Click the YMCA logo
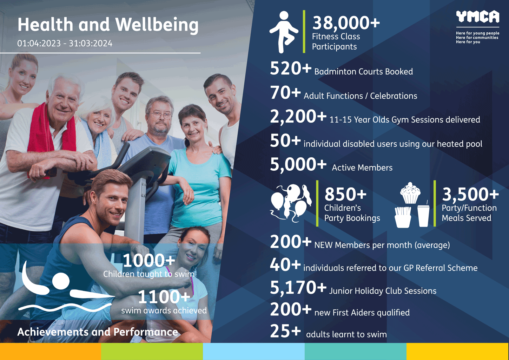(478, 17)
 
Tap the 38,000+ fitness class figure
(346, 23)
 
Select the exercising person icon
(284, 32)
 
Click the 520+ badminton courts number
(291, 68)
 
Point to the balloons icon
(291, 203)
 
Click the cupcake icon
(410, 193)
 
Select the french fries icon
(403, 217)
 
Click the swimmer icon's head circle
(61, 281)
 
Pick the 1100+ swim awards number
(164, 297)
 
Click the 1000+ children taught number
(149, 260)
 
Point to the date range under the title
(65, 43)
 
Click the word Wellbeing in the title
(157, 25)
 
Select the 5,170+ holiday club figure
(298, 288)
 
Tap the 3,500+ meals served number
(470, 195)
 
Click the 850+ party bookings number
(345, 195)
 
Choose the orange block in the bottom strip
(51, 351)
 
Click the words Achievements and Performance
(98, 332)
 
